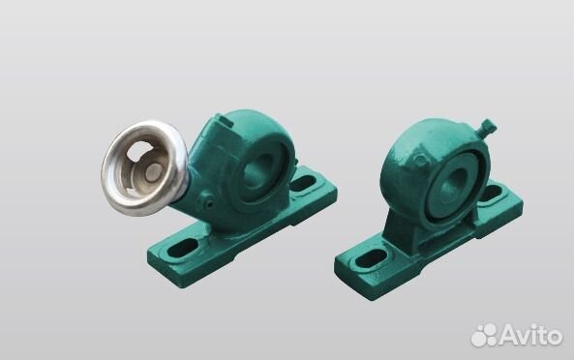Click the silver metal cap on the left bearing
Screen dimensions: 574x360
coord(144,168)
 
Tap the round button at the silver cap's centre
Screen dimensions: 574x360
coord(153,172)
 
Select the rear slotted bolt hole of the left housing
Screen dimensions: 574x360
coord(304,183)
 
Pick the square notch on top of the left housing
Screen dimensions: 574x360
coord(225,121)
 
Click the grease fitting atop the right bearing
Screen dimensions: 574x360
coord(487,129)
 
